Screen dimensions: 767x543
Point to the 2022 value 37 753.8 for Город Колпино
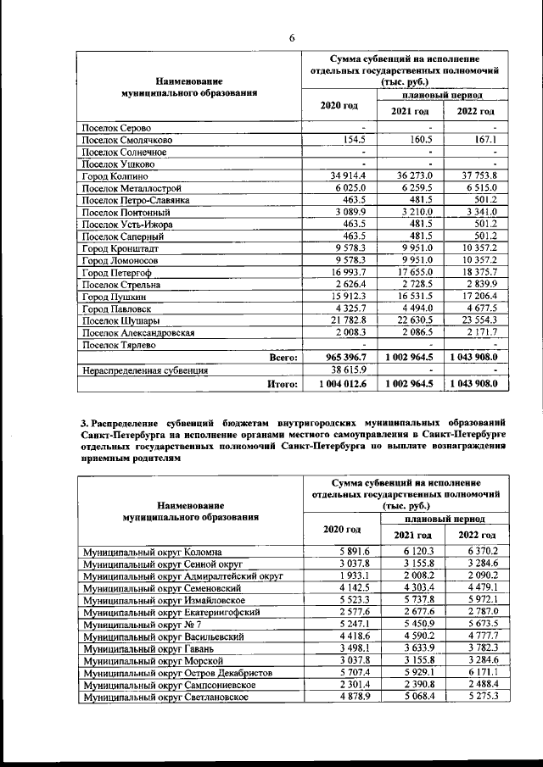click(x=478, y=175)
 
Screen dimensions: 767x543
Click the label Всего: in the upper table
click(x=283, y=358)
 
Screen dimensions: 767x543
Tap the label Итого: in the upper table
click(x=283, y=385)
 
